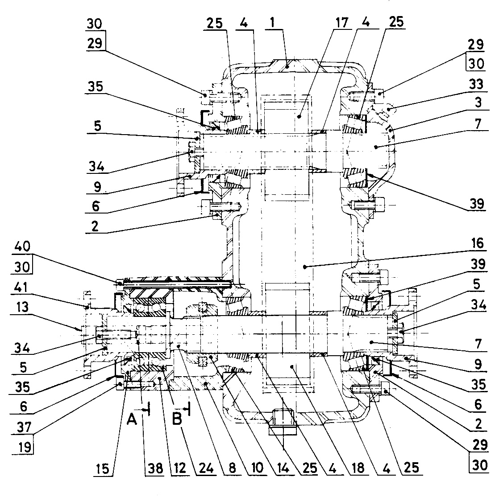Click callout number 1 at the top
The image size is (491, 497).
coord(272,22)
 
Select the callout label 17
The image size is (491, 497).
coord(342,22)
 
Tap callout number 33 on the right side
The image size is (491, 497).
coord(476,84)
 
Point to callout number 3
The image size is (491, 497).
coord(479,103)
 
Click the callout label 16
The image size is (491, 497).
coord(477,243)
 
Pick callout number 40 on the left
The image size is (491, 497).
coord(22,246)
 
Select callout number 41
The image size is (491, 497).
coord(21,288)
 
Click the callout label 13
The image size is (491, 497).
coord(22,307)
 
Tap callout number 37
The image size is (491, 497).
coord(24,427)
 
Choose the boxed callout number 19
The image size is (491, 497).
coord(24,447)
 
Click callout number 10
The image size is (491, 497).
coord(257,468)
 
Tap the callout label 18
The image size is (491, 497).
coord(358,468)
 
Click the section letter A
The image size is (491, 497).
coord(132,419)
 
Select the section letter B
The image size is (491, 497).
coord(177,419)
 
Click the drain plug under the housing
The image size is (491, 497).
coord(283,422)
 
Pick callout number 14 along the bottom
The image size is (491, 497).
coord(283,468)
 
